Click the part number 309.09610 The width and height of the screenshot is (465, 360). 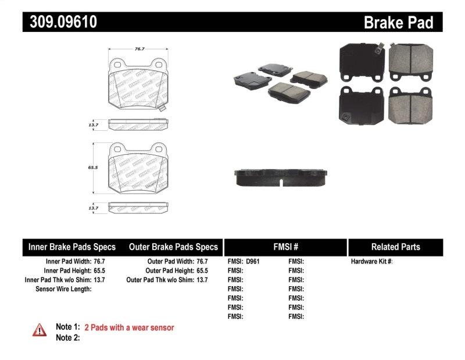(60, 22)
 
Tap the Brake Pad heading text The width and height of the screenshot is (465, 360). (398, 23)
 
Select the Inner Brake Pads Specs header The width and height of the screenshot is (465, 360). (72, 247)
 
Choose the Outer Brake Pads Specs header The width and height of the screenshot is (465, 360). (173, 247)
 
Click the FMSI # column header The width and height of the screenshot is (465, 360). (285, 247)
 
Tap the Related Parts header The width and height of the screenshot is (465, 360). (395, 247)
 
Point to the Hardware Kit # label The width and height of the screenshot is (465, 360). (372, 262)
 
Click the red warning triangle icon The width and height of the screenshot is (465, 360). (39, 330)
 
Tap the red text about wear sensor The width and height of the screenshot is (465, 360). (129, 327)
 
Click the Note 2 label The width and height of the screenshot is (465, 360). (67, 338)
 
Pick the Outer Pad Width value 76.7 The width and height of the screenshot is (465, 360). (201, 262)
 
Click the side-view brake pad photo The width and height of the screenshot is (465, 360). (281, 178)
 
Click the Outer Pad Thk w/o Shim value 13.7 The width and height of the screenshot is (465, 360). (201, 280)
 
